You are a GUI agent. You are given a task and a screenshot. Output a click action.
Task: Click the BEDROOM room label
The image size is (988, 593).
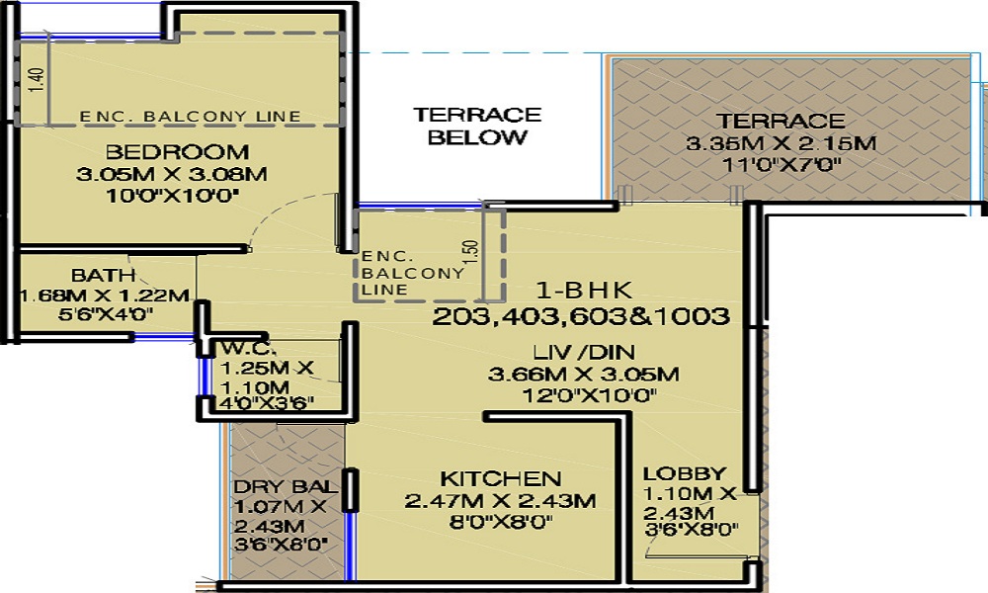click(177, 152)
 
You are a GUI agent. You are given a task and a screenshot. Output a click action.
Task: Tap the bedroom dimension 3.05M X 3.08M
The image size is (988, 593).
click(171, 174)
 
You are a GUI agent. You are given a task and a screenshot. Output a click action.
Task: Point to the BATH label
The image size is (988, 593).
click(104, 276)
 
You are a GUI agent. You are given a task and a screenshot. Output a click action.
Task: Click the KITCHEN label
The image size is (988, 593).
click(500, 479)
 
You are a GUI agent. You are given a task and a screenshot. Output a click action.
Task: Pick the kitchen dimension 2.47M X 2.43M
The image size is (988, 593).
click(500, 501)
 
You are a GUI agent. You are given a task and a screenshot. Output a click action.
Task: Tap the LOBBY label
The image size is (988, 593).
click(685, 473)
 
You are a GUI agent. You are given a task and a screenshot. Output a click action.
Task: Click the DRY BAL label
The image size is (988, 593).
click(286, 486)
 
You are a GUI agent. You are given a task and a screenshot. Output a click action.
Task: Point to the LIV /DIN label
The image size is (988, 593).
click(584, 352)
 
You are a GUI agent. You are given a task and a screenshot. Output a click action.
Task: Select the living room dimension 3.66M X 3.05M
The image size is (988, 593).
click(584, 375)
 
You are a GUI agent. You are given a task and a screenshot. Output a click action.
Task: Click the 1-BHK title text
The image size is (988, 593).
click(584, 290)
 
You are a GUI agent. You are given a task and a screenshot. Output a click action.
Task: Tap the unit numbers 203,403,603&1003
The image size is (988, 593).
click(580, 315)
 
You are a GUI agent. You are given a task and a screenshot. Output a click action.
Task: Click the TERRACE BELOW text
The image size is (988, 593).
click(477, 127)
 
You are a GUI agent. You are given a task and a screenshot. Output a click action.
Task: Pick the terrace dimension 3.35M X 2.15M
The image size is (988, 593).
click(781, 143)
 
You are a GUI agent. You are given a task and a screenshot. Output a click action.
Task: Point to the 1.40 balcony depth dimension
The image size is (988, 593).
click(38, 80)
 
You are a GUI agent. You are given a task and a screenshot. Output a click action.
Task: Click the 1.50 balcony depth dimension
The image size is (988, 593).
click(470, 252)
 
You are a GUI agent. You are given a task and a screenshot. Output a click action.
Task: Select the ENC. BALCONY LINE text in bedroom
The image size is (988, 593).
click(191, 117)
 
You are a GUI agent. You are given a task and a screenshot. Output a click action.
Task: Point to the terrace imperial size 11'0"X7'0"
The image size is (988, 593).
click(781, 165)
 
